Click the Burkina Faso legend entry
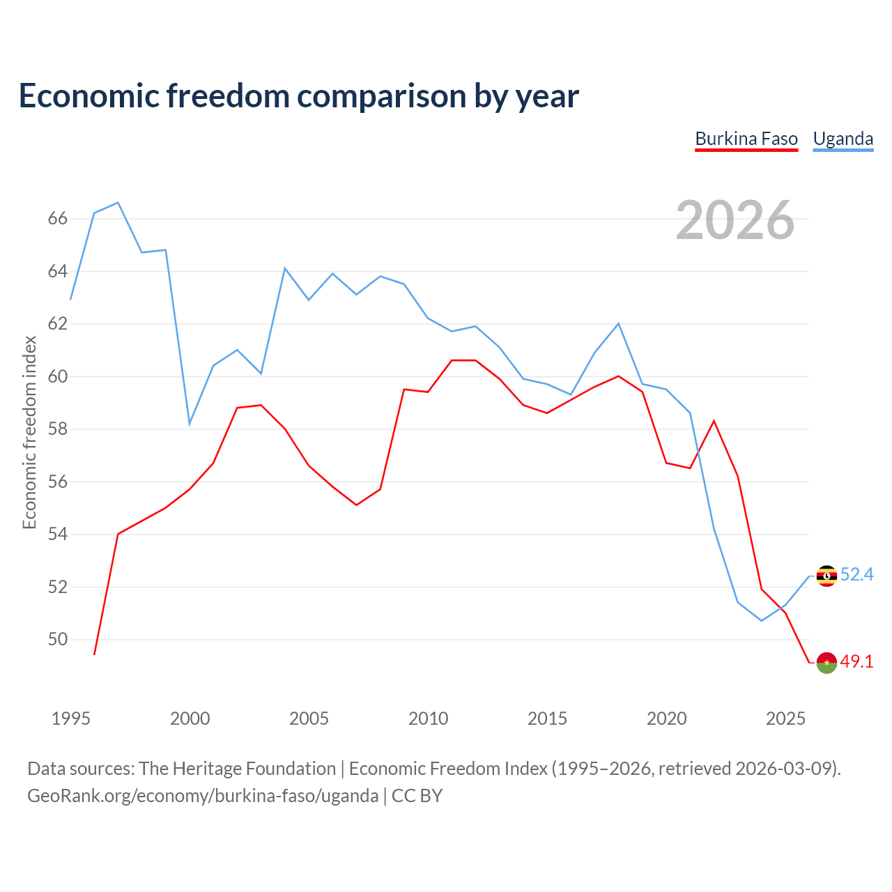[x=746, y=139]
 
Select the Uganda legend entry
[x=843, y=139]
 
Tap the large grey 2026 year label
[x=735, y=220]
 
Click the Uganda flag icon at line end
[x=826, y=576]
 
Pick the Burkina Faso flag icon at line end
[x=826, y=663]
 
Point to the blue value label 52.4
[x=856, y=574]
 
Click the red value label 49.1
[x=856, y=661]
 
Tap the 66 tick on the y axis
[x=58, y=218]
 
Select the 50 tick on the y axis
[x=58, y=639]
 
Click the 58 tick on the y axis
[x=58, y=429]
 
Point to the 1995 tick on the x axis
[x=70, y=718]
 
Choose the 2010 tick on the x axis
[x=428, y=718]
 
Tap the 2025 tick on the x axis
[x=785, y=718]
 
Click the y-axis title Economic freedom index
[x=29, y=432]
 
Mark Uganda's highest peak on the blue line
[x=118, y=202]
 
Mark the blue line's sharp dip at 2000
[x=190, y=424]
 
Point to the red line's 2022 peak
[x=714, y=421]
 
